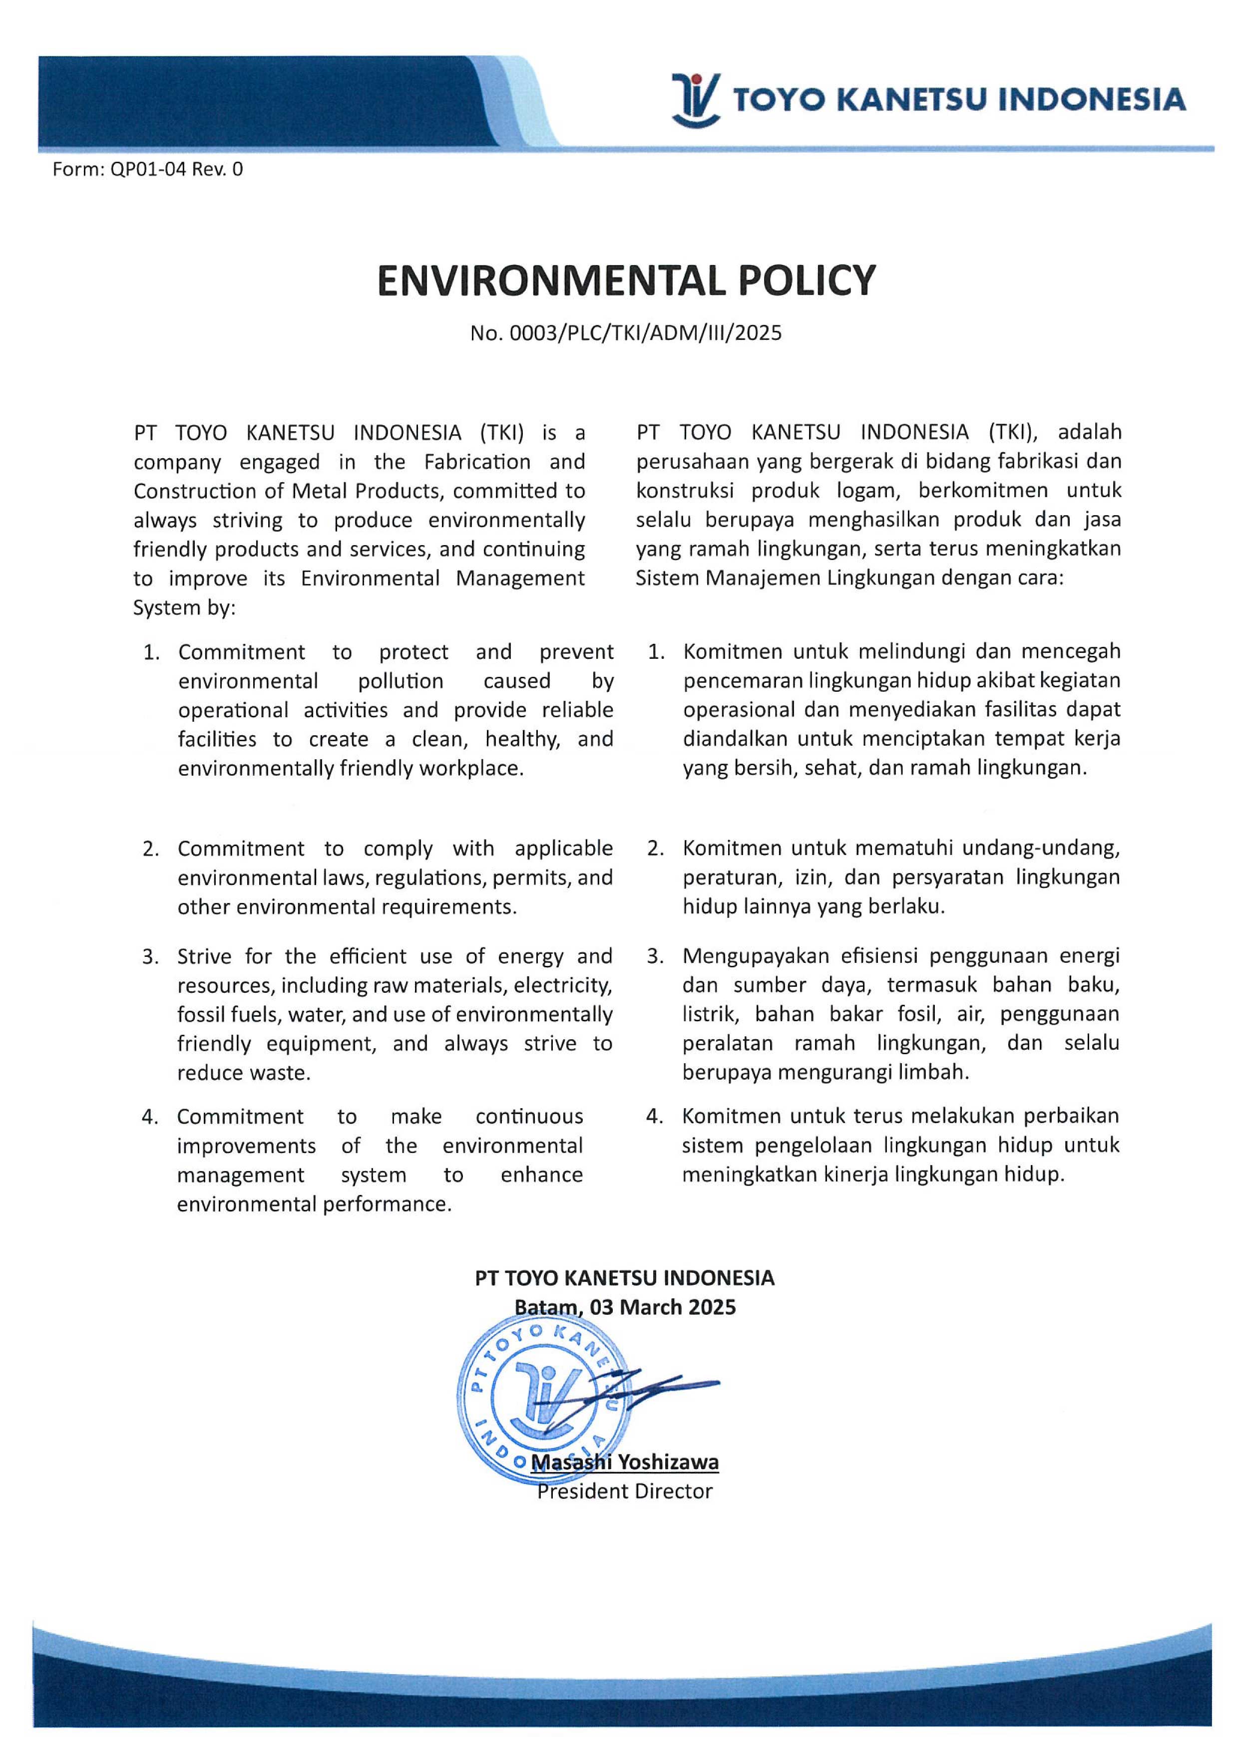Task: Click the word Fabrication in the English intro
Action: pyautogui.click(x=477, y=462)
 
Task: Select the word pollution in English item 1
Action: pyautogui.click(x=401, y=681)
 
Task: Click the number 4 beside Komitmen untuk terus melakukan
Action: pyautogui.click(x=654, y=1117)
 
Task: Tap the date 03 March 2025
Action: pyautogui.click(x=663, y=1308)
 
